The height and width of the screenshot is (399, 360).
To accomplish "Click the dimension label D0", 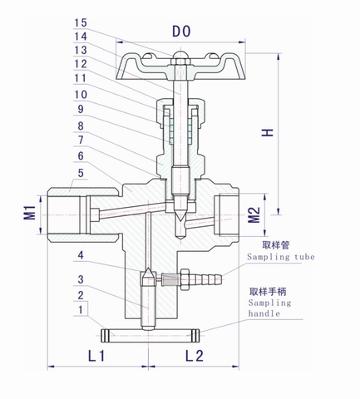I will coord(180,31).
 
